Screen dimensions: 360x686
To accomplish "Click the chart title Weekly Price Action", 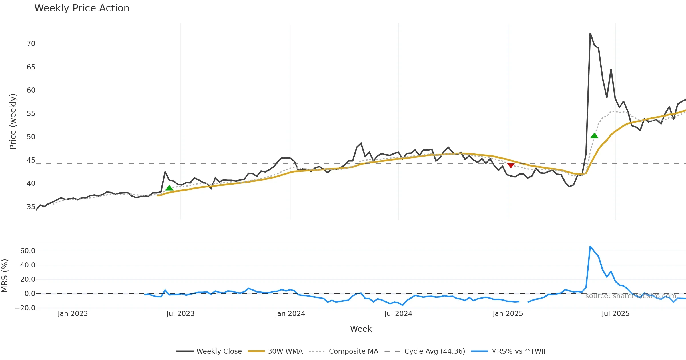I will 82,8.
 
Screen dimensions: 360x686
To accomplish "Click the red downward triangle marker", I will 511,165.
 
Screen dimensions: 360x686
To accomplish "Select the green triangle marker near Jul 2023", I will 169,188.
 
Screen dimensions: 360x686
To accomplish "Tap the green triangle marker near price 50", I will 594,136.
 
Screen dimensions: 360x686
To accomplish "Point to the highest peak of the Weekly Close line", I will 590,33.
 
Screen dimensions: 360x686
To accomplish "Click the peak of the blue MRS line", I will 590,246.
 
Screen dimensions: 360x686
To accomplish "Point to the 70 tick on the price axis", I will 31,44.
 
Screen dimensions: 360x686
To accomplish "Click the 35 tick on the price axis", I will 31,207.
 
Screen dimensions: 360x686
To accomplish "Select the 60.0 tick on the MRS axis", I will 28,251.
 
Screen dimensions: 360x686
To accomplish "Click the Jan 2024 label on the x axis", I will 290,314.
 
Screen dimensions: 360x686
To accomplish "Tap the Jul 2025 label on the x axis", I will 615,314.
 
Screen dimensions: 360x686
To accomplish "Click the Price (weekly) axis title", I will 13,121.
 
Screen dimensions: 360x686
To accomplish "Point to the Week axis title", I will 361,329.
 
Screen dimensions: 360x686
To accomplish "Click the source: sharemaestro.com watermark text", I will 631,296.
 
